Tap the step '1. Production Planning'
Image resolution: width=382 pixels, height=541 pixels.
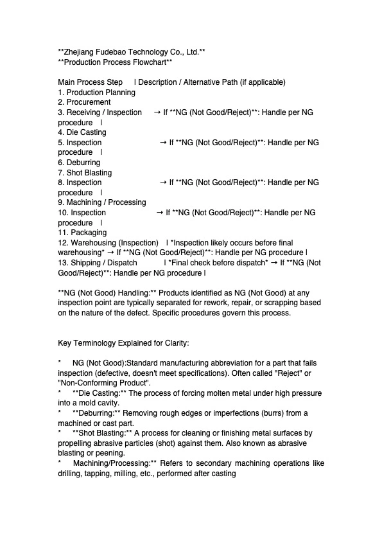coord(96,93)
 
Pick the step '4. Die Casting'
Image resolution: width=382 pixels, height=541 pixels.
coord(82,132)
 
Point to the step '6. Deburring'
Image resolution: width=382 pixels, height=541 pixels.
coord(79,163)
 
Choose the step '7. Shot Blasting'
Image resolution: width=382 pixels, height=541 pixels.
coord(85,173)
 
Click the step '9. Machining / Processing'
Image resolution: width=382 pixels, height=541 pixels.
coord(102,202)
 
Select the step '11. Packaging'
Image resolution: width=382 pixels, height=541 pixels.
coord(82,233)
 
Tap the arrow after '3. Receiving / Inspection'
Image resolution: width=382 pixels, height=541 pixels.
coord(157,112)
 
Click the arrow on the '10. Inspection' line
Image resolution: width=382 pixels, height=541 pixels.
coord(160,213)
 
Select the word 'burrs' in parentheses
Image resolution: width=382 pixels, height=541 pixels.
coord(256,413)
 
